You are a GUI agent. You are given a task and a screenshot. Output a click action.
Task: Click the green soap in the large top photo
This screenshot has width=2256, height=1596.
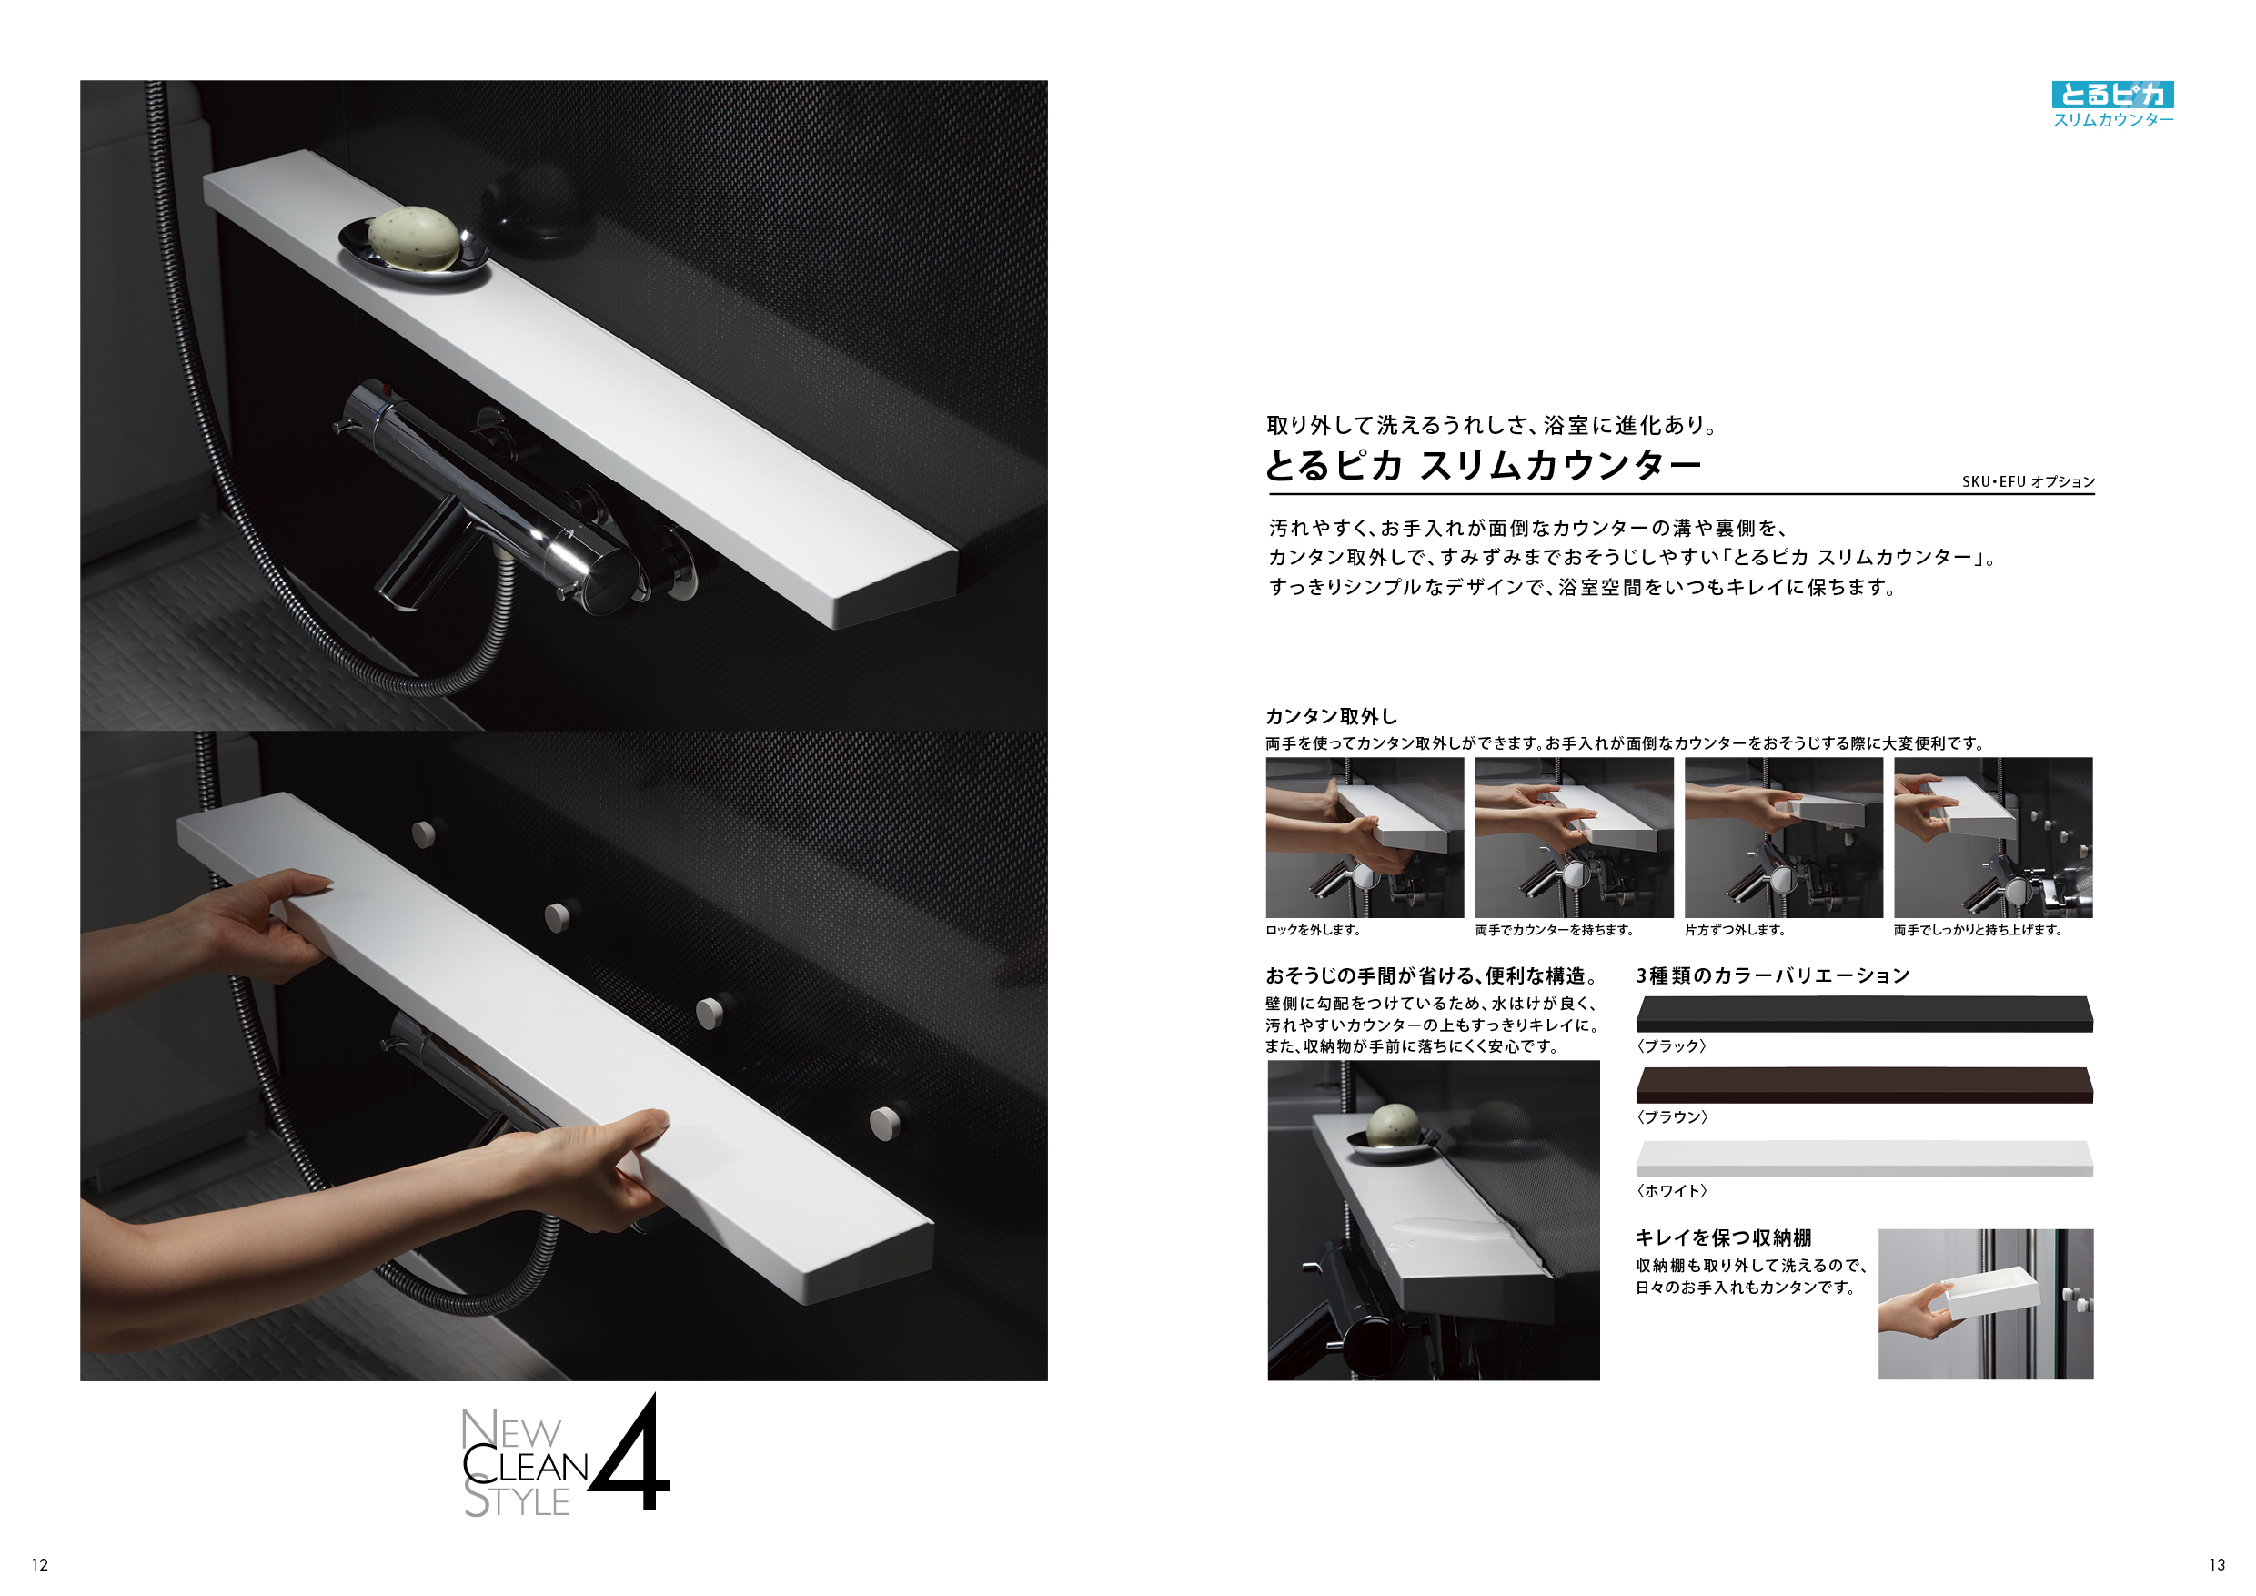[414, 237]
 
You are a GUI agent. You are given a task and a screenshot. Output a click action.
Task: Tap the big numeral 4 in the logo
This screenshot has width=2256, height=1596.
[630, 1451]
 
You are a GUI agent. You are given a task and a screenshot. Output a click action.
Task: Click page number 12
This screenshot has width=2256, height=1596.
[39, 1564]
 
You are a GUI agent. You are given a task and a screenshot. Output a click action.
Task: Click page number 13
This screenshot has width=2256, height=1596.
[2217, 1564]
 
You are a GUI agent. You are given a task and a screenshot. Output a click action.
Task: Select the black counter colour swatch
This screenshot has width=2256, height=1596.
[1864, 1015]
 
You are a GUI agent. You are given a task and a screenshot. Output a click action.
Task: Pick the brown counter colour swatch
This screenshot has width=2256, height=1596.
[1864, 1085]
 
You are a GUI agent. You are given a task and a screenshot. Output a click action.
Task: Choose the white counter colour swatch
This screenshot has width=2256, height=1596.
[1864, 1158]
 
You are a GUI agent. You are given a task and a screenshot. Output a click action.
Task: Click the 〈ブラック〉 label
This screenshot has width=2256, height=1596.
[1671, 1046]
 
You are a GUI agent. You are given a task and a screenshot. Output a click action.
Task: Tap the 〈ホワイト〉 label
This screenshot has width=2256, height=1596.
[1671, 1191]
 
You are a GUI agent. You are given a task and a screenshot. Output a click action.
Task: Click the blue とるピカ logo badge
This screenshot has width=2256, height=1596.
[2113, 95]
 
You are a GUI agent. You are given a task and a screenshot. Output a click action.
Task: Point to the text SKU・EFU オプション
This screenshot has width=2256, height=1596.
[2029, 481]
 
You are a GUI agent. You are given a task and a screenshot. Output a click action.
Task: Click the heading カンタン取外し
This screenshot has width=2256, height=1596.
[1332, 716]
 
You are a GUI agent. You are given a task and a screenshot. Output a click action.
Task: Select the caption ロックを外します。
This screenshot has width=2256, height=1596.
[1313, 930]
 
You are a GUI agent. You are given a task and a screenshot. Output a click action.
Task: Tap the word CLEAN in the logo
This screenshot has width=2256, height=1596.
[526, 1465]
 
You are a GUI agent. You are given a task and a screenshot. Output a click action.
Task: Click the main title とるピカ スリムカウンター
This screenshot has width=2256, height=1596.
[1483, 466]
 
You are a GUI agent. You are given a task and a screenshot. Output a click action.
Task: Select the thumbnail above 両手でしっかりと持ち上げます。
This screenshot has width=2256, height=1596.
[1994, 837]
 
